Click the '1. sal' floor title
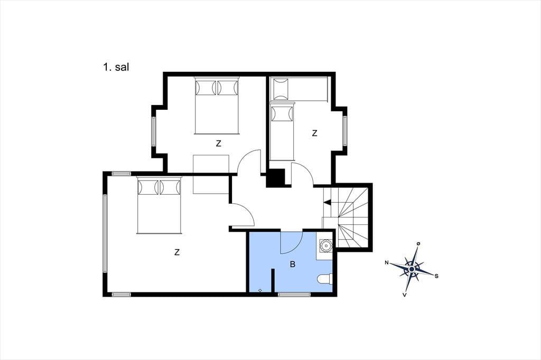(116, 67)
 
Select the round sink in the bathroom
(325, 245)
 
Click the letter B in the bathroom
(293, 264)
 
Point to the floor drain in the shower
(260, 290)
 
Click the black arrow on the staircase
(327, 202)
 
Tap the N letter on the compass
(387, 263)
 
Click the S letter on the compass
(436, 276)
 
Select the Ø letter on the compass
(418, 244)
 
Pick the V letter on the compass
(404, 295)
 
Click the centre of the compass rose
(412, 269)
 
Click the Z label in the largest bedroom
(177, 252)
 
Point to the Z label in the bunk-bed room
(314, 133)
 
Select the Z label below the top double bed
(218, 144)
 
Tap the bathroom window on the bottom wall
(294, 294)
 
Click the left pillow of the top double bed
(206, 88)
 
